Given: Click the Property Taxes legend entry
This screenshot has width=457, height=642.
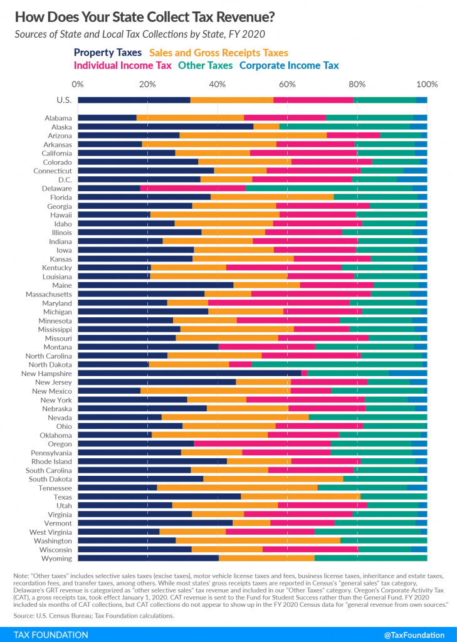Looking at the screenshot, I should (x=108, y=53).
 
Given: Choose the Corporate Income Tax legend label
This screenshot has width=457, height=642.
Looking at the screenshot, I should (x=289, y=65).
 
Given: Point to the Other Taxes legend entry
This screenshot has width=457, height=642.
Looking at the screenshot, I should (x=206, y=65).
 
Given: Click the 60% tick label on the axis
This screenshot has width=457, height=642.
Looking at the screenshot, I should (x=287, y=84).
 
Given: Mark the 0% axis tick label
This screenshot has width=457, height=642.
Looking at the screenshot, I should (x=78, y=84).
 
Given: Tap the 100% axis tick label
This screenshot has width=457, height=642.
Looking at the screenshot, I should (x=426, y=84).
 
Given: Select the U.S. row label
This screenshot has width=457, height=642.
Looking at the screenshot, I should (x=64, y=100).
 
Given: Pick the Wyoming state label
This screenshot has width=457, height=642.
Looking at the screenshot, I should (x=56, y=558).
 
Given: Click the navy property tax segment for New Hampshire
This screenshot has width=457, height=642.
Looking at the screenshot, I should (x=189, y=373).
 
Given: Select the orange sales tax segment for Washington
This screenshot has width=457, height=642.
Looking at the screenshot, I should (x=258, y=540).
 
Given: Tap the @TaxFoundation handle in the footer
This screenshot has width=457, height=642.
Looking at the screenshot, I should (x=414, y=634).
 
